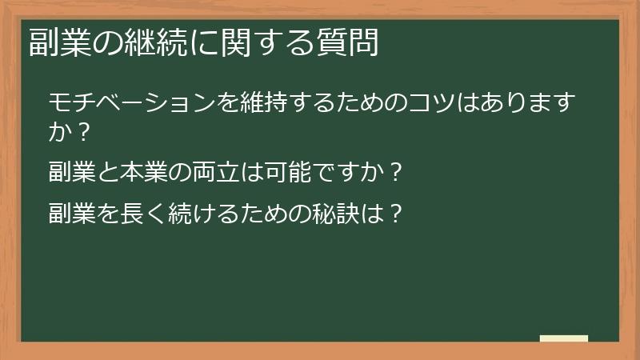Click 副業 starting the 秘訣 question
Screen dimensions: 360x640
[x=70, y=214]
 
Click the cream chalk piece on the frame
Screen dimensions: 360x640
[x=564, y=338]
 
